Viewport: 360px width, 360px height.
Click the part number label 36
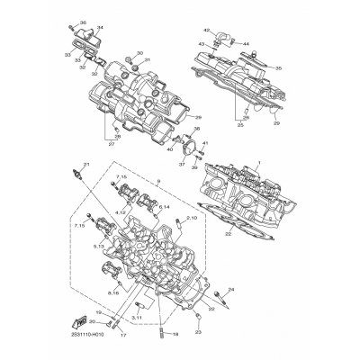(84, 22)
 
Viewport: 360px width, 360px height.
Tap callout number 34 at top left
(99, 29)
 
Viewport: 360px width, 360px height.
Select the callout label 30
(139, 53)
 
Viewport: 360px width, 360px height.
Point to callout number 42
(206, 31)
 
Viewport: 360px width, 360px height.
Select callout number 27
(112, 143)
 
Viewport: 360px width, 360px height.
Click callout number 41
(204, 144)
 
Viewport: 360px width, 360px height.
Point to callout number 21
(87, 164)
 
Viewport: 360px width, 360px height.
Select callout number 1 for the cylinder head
(258, 161)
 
